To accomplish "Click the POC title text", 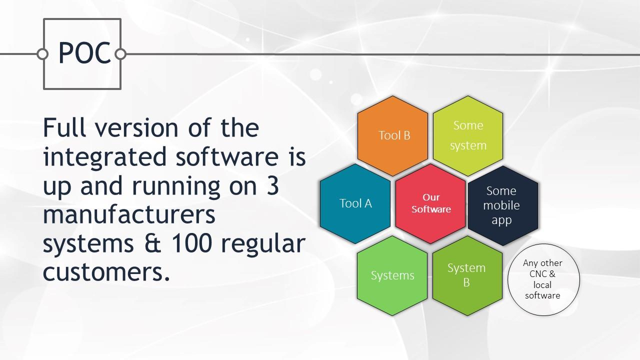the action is coord(84,53).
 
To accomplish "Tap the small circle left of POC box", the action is coord(42,54).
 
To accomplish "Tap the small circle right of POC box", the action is coord(120,54).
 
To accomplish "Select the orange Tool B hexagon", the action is coord(392,135).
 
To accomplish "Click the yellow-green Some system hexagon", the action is coord(468,135).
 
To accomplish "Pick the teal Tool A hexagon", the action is coord(355,203).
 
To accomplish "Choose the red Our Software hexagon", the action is coord(430,203).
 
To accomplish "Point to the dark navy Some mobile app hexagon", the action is coord(503,205).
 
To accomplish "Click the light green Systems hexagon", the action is coord(392,275).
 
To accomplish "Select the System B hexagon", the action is coord(467,275).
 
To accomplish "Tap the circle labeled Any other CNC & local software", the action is coord(543,279).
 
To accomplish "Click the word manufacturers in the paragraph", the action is coord(129,214).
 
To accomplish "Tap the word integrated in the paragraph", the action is coord(105,157).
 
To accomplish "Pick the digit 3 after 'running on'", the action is coord(273,185).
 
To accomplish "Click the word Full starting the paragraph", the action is coord(64,127).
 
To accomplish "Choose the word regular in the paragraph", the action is coord(263,245).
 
